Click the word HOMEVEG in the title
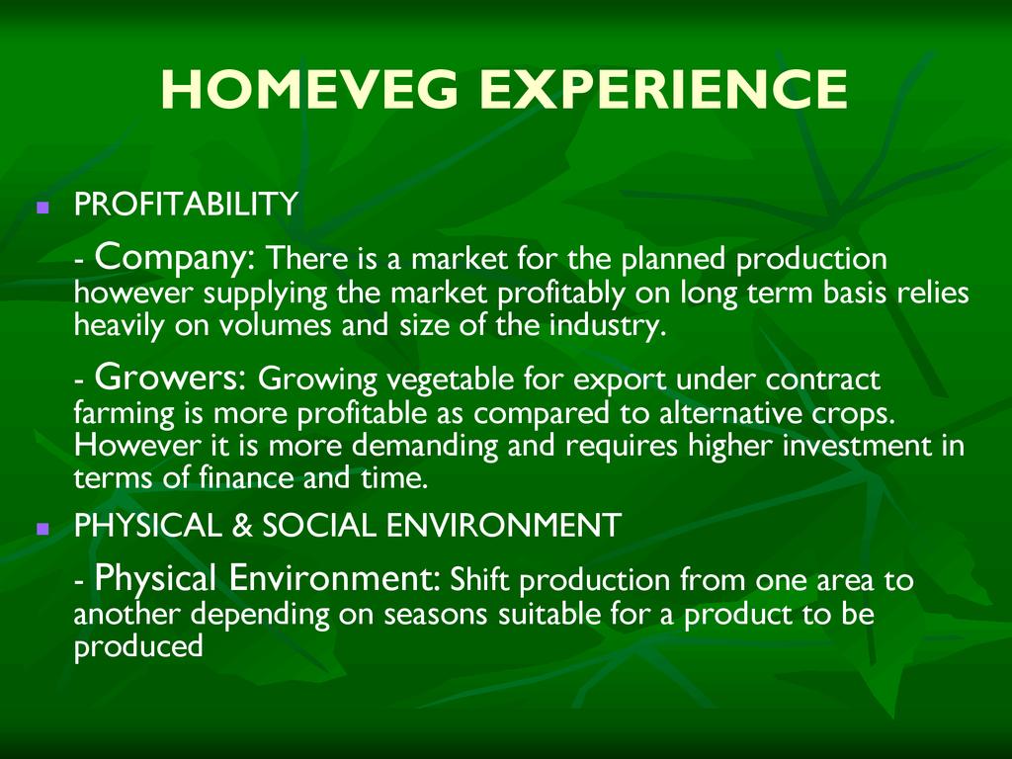point(309,89)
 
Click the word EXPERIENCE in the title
point(663,89)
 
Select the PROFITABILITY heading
point(186,204)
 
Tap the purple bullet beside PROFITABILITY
point(43,208)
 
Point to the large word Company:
point(176,258)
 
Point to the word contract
point(823,379)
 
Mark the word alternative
point(730,412)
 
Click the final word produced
point(138,646)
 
